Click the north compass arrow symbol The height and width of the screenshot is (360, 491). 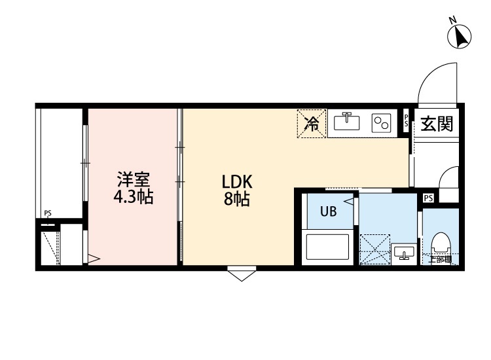461,35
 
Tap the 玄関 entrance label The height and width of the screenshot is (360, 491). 437,123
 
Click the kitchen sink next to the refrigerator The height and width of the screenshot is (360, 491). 346,122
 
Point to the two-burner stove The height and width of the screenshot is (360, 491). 380,123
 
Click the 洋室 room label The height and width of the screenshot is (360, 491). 134,179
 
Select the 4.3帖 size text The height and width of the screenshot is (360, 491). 134,197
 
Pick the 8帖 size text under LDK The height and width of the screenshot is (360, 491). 236,200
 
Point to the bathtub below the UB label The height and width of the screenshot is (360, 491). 328,247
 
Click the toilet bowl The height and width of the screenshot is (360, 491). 441,245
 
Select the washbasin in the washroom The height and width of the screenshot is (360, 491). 403,253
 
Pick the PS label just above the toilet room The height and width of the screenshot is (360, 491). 428,198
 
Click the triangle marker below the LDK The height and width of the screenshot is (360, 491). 242,274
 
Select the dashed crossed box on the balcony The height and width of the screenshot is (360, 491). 50,247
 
